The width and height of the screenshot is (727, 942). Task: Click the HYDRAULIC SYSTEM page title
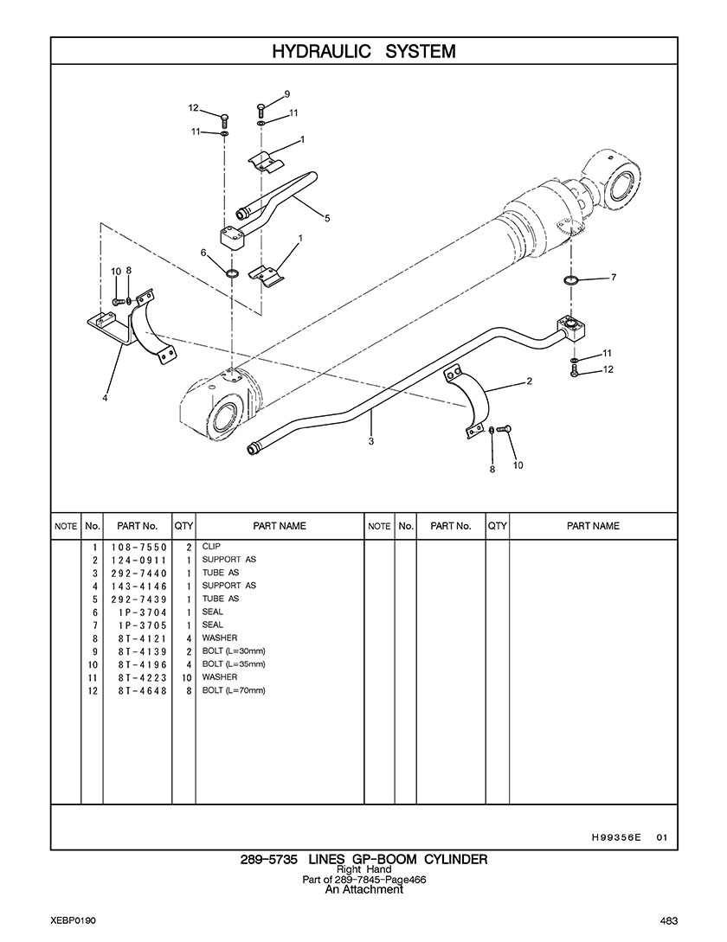(x=363, y=51)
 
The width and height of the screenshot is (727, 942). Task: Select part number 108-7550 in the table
(x=138, y=548)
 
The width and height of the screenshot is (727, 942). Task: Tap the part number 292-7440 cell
(x=138, y=574)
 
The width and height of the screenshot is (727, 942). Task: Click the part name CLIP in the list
(x=211, y=546)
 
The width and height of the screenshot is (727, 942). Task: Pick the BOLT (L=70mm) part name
(x=234, y=690)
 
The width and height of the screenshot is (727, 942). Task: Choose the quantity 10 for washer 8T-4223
(x=186, y=677)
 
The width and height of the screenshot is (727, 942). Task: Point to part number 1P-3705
(x=143, y=625)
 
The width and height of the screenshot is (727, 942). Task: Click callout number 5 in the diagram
(x=327, y=218)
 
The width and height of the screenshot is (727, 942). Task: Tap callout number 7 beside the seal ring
(x=614, y=277)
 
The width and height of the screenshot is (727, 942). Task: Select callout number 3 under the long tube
(x=371, y=441)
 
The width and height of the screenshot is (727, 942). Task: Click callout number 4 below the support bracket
(x=105, y=397)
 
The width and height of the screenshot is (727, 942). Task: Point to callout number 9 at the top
(x=286, y=93)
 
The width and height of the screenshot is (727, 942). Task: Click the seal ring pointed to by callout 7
(x=571, y=280)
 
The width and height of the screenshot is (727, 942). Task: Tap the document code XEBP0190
(x=74, y=921)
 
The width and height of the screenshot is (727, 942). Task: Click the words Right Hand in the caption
(x=363, y=869)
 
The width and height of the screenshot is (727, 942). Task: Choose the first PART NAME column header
(x=280, y=526)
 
